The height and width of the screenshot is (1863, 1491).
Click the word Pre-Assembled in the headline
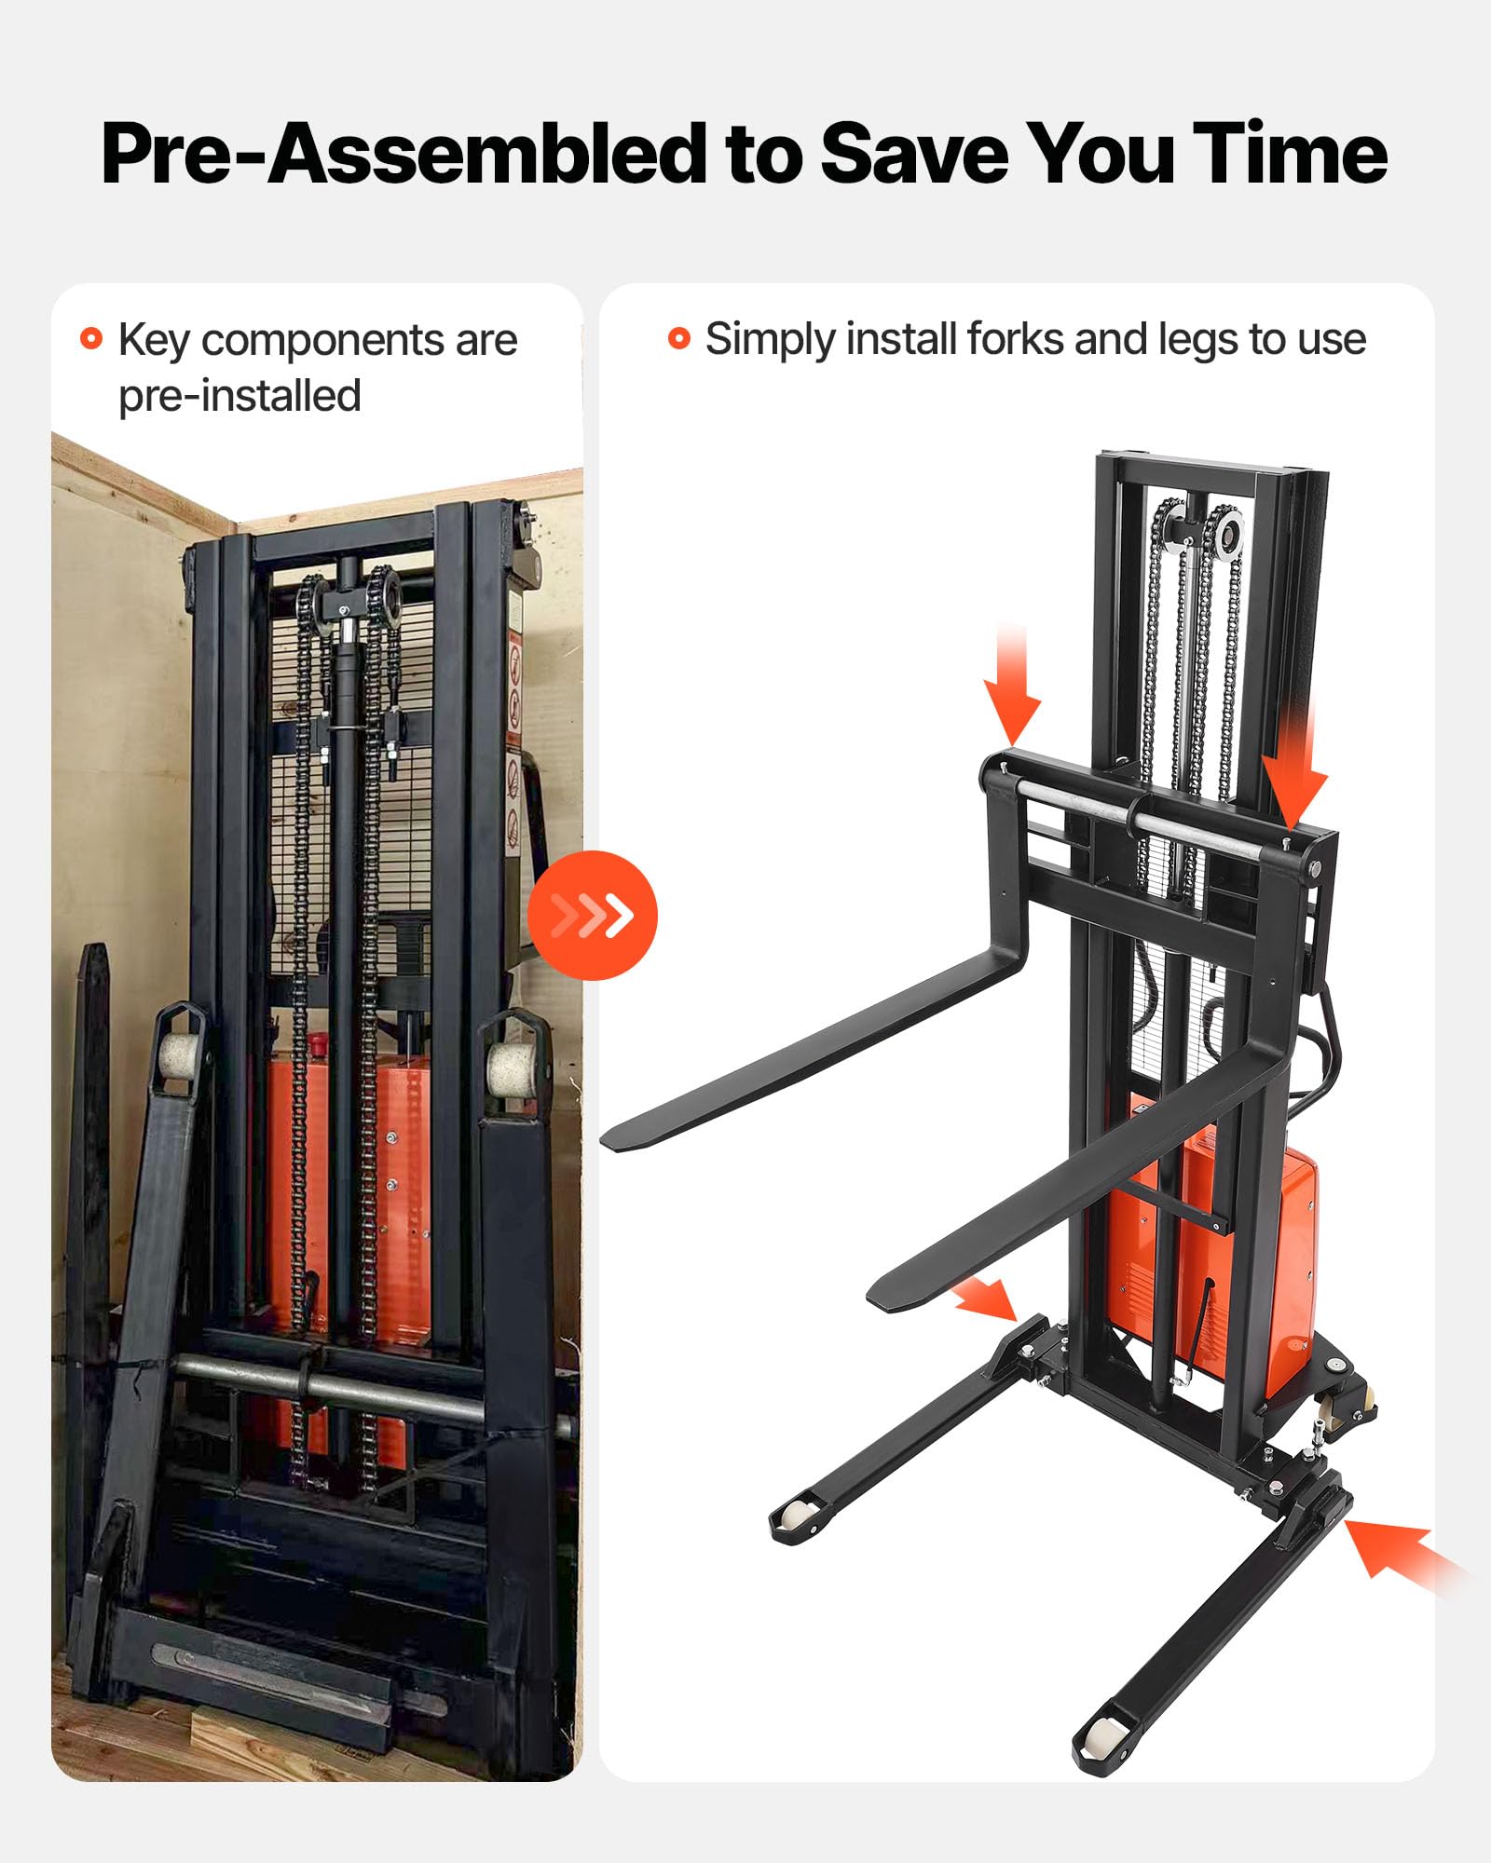(404, 155)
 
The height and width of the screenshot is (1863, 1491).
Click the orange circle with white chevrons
(593, 915)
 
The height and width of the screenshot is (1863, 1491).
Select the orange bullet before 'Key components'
(91, 338)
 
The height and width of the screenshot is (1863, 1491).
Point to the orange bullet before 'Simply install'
(679, 338)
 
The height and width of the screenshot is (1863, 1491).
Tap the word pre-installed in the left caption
(239, 396)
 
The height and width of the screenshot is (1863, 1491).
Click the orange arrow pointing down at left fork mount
(1012, 685)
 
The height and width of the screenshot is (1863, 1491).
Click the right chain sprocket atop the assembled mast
(1226, 535)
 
